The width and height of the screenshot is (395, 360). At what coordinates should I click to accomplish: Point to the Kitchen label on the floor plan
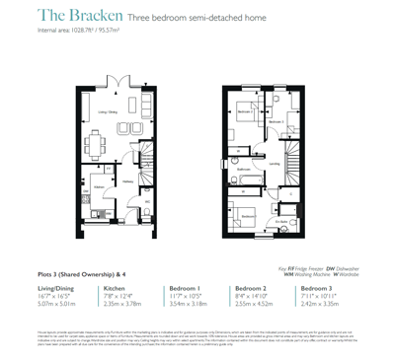tap(99, 187)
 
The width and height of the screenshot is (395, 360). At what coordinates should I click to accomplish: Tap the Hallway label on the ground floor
tap(128, 180)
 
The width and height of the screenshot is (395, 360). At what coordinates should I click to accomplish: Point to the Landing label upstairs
tap(273, 164)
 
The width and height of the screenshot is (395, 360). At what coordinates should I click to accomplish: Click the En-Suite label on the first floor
tap(282, 222)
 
